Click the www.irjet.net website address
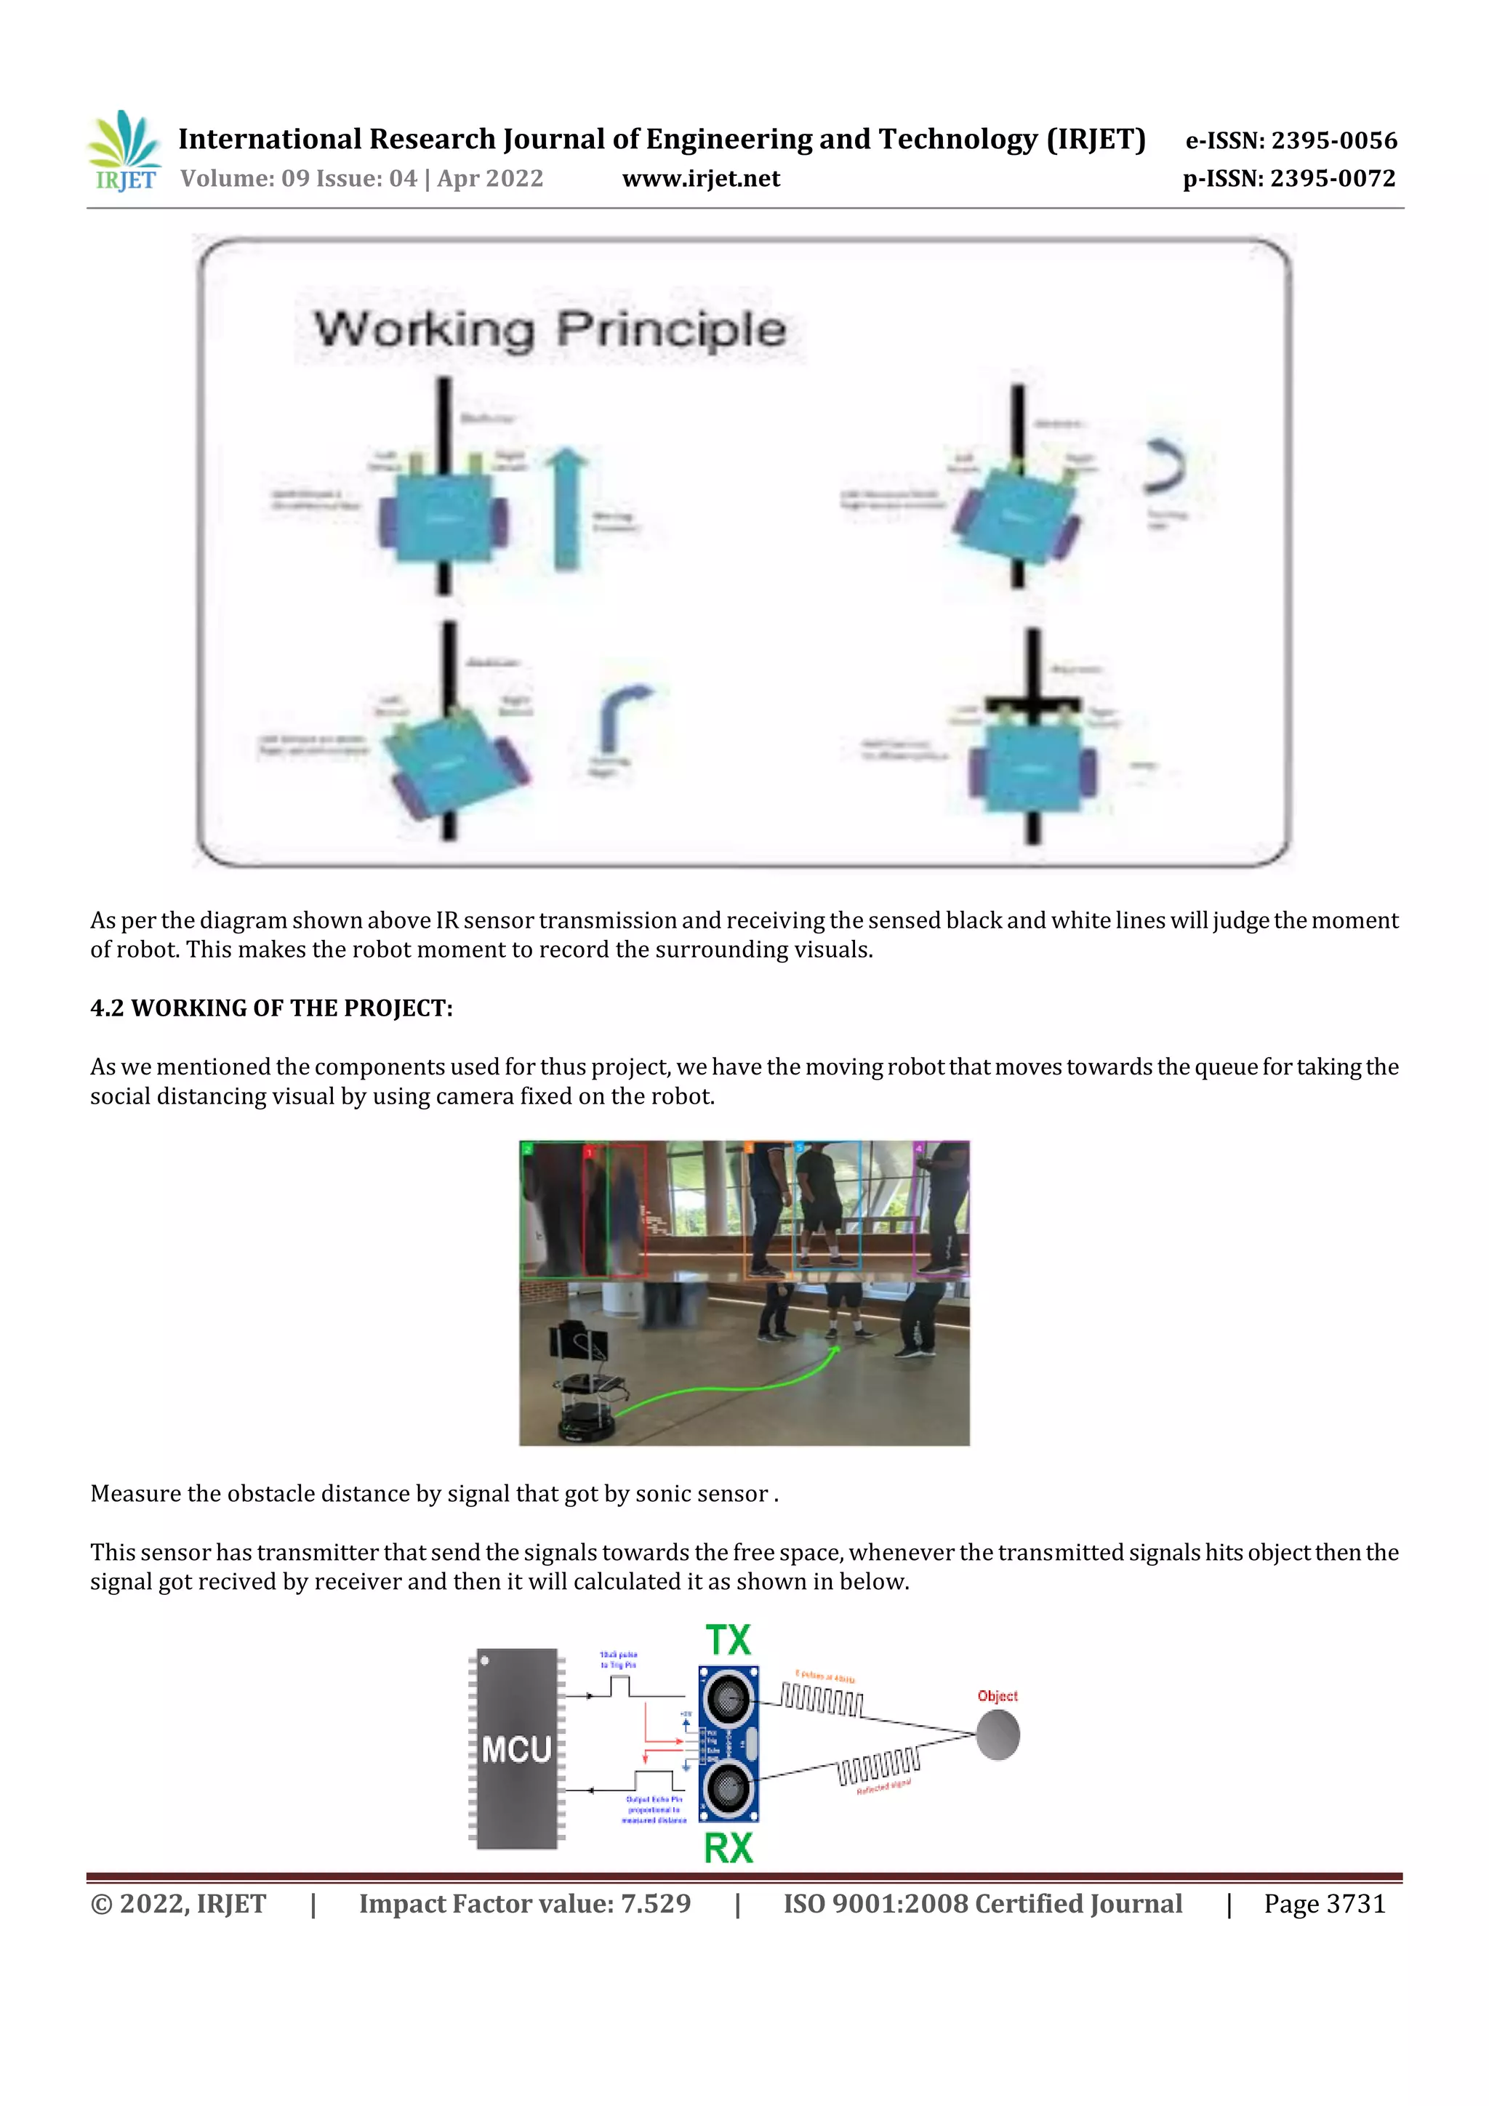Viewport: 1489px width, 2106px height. pos(701,179)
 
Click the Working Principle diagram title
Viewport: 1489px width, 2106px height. pos(550,330)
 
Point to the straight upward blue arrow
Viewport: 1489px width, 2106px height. pos(569,509)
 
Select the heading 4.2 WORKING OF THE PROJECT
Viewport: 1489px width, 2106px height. pos(272,1008)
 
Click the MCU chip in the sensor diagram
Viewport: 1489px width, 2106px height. pos(516,1748)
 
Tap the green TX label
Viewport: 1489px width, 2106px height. pos(729,1640)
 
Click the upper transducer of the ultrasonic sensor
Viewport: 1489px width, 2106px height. pos(729,1698)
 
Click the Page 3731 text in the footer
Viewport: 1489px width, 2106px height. pos(1324,1904)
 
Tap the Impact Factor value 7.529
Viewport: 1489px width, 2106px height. pos(524,1904)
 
